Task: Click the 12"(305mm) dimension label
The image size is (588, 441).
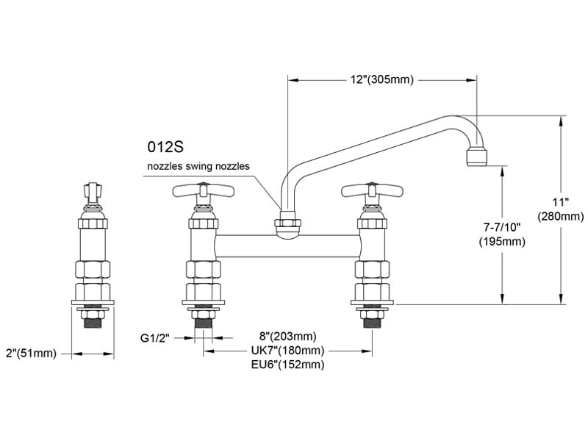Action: point(381,79)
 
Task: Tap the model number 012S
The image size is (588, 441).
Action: point(165,147)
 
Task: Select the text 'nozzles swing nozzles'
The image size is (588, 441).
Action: point(198,166)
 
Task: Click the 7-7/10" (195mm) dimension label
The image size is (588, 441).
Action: point(502,234)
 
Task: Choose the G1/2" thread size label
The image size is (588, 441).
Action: point(155,338)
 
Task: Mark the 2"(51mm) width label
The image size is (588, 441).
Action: point(31,354)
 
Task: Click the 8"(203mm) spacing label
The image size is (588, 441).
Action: point(288,336)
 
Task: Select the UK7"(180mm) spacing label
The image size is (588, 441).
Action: point(288,351)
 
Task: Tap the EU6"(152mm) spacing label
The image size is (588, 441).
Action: point(288,364)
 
